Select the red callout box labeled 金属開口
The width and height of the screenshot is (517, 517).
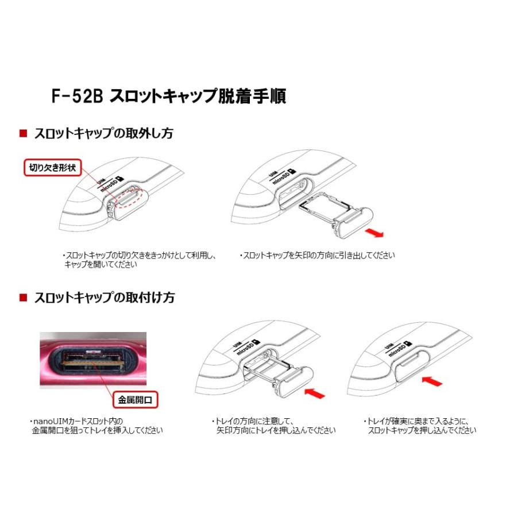pos(134,398)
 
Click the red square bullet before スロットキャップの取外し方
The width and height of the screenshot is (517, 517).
pos(23,133)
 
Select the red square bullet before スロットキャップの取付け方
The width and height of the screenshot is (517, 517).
pos(23,298)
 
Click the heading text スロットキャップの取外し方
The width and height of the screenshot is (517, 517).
pos(103,133)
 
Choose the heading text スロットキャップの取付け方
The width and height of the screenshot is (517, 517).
pos(104,298)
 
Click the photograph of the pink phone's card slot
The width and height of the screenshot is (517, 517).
pos(92,360)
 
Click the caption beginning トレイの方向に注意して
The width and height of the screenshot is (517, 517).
pos(273,426)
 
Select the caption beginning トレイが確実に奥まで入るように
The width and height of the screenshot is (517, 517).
pos(419,426)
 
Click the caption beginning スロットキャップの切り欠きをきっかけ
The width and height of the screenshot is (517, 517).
pos(138,260)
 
